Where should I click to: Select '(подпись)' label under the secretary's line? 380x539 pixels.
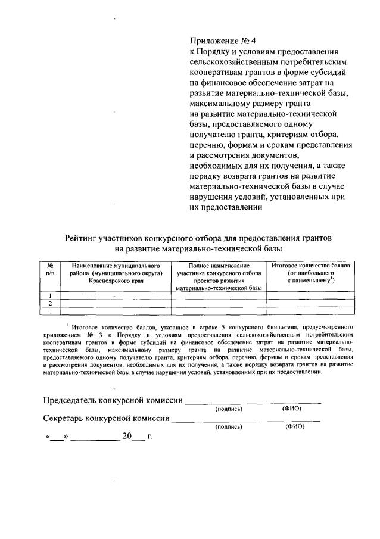pos(229,426)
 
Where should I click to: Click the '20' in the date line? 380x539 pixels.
pos(126,437)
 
